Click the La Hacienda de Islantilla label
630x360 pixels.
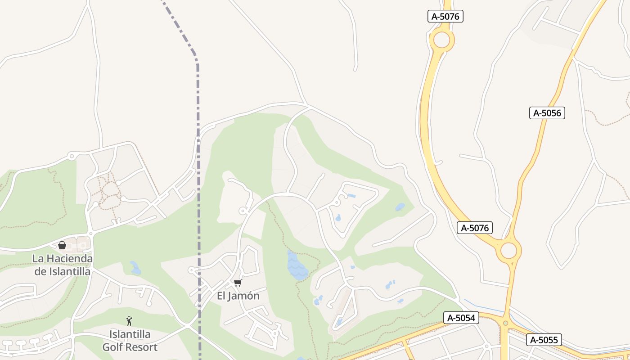tap(62, 265)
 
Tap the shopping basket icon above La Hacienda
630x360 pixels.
tap(62, 245)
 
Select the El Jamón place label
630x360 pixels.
tap(238, 296)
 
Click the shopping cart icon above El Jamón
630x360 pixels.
tap(238, 283)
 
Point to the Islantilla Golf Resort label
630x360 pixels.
tap(130, 341)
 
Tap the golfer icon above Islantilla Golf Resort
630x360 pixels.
tap(130, 321)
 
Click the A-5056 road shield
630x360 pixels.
tap(547, 113)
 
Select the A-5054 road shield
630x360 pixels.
tap(461, 318)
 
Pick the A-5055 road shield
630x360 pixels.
tap(544, 340)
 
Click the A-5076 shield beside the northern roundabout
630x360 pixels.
tap(445, 17)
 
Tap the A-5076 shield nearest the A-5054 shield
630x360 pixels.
tap(474, 228)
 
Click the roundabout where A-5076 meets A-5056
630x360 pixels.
tap(508, 251)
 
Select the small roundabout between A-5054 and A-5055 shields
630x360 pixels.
tap(505, 323)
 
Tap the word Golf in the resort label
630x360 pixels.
tap(113, 347)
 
